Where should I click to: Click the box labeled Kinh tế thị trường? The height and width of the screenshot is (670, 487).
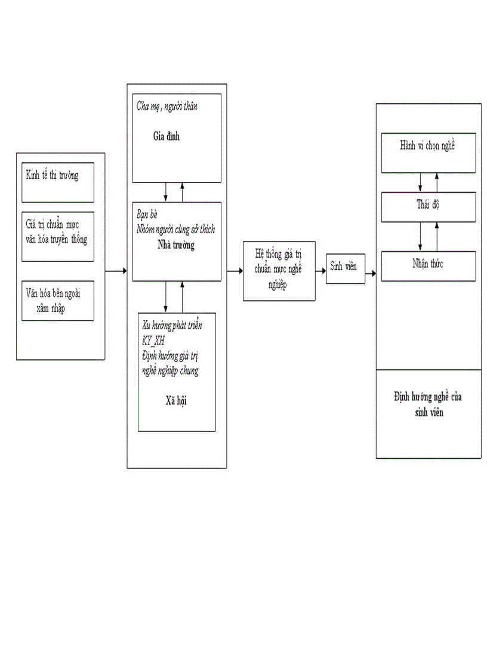(58, 182)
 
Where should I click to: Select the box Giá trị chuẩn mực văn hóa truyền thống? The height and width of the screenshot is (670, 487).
(58, 236)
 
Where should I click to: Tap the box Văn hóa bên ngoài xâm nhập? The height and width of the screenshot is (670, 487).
(58, 300)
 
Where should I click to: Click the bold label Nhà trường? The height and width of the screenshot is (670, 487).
(175, 245)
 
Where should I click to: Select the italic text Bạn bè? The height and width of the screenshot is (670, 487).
(147, 214)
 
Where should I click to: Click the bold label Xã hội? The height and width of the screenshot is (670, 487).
(177, 400)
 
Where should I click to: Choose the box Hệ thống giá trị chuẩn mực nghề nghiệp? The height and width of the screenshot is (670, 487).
(279, 270)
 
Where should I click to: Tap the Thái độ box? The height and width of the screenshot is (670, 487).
(428, 206)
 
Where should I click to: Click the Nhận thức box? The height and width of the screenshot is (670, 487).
(428, 265)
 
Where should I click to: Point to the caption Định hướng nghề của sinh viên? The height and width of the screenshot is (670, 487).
(428, 404)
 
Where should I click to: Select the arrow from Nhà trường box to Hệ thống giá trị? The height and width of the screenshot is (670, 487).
(235, 272)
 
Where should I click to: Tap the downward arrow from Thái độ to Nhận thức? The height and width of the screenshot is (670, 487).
(420, 236)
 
